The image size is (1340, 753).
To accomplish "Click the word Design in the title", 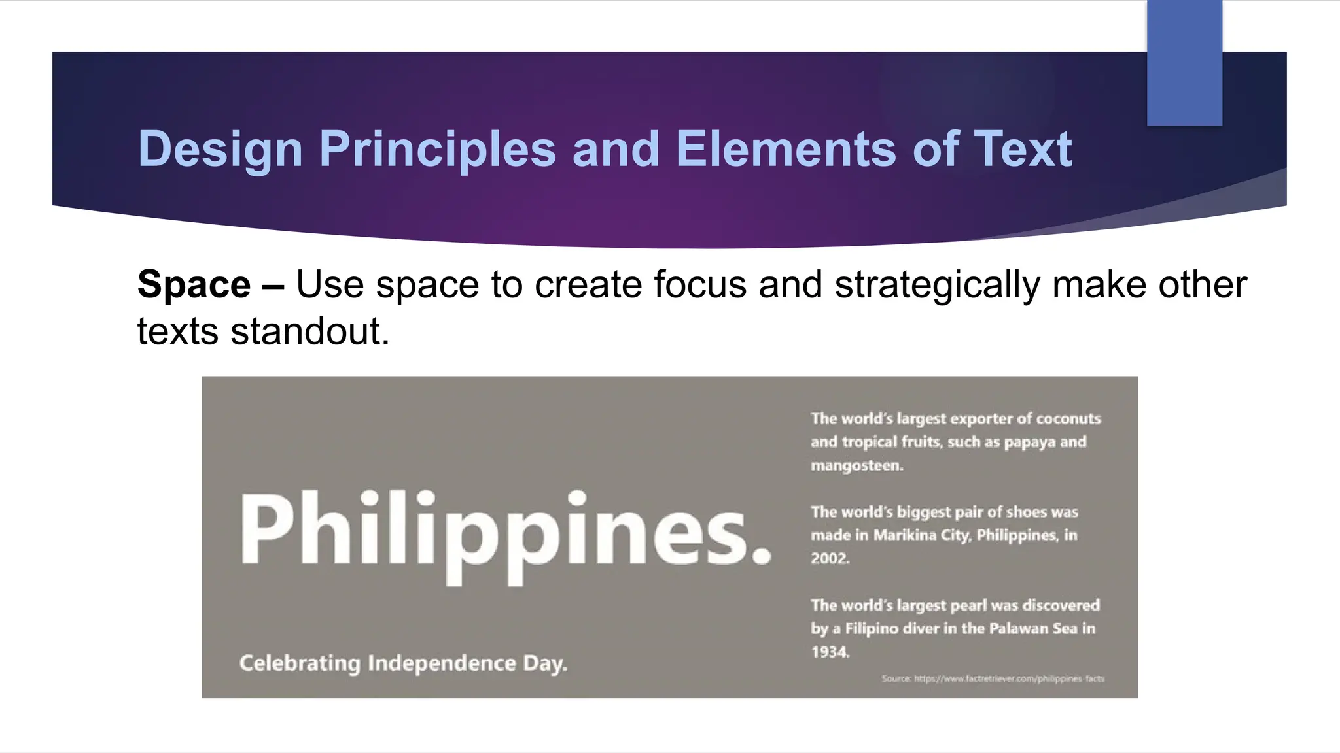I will (220, 150).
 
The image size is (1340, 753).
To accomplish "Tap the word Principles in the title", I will (437, 150).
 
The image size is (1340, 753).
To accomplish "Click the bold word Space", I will (194, 285).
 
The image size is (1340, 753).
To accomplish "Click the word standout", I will (309, 331).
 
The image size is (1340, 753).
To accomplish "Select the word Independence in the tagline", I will (442, 663).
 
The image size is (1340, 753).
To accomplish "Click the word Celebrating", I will (300, 663).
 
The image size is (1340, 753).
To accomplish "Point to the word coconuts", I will (1068, 419).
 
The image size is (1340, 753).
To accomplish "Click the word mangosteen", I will (856, 466).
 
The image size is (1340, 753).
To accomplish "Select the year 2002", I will (830, 559).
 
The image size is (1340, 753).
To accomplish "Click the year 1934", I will (830, 652).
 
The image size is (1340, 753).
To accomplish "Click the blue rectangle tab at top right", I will (1184, 63).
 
